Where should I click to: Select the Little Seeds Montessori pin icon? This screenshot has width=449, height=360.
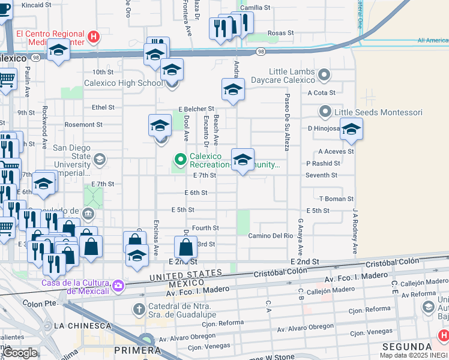[x=325, y=112]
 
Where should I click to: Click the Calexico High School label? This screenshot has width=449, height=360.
[x=123, y=83]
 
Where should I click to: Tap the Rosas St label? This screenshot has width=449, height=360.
[x=280, y=33]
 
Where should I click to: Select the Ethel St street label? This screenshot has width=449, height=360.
[x=103, y=107]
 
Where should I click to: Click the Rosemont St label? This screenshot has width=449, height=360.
[x=83, y=125]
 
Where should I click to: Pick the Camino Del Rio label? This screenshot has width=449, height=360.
[x=270, y=236]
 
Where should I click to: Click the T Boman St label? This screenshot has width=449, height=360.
[x=336, y=199]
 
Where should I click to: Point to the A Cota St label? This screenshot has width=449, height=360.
[x=321, y=93]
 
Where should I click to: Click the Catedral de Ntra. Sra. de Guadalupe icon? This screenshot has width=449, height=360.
[x=137, y=309]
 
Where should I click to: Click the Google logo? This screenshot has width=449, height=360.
[x=20, y=353]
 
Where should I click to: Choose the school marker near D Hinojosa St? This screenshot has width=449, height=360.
[x=351, y=128]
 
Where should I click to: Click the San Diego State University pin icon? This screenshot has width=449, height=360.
[x=99, y=159]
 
